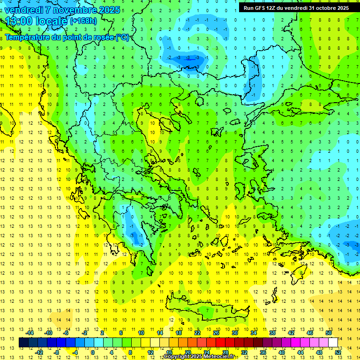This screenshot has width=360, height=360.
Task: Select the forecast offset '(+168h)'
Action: coord(83,21)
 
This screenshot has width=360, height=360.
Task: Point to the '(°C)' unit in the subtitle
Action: coord(122,37)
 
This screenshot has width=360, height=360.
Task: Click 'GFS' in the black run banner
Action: coord(258,8)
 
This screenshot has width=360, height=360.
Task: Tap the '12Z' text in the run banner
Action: coord(271,8)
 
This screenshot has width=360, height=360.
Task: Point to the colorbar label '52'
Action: coord(338,352)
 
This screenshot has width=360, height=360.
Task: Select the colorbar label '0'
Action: coord(92,352)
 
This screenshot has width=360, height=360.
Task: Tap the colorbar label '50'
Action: coord(329,333)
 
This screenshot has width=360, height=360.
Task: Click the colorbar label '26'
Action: coord(216,333)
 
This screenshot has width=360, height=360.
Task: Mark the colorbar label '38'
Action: coord(272,333)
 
